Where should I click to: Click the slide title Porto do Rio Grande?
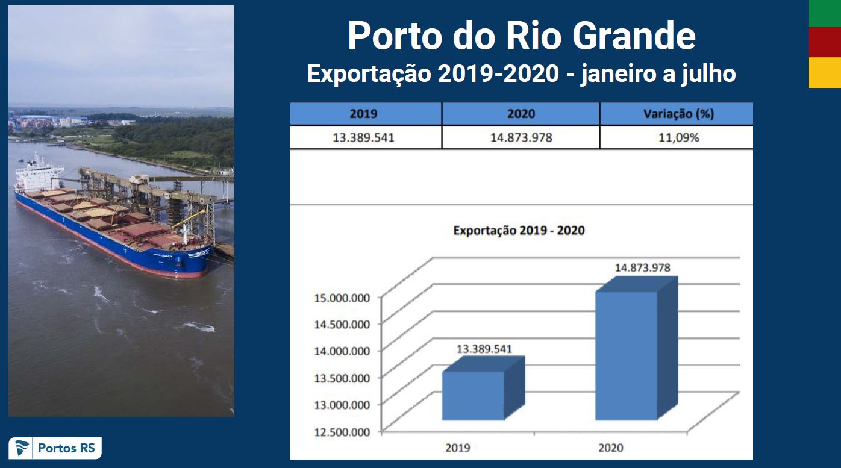522,36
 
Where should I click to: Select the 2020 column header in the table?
521,114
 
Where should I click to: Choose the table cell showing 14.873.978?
521,137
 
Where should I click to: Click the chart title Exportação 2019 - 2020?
519,231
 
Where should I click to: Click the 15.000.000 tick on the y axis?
342,298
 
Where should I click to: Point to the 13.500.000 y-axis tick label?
342,378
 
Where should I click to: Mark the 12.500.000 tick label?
342,432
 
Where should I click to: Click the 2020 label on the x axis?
611,448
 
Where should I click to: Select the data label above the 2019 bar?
484,349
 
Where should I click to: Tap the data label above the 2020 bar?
642,267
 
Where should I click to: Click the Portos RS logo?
55,448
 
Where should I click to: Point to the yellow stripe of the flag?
825,72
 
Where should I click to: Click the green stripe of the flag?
825,13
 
